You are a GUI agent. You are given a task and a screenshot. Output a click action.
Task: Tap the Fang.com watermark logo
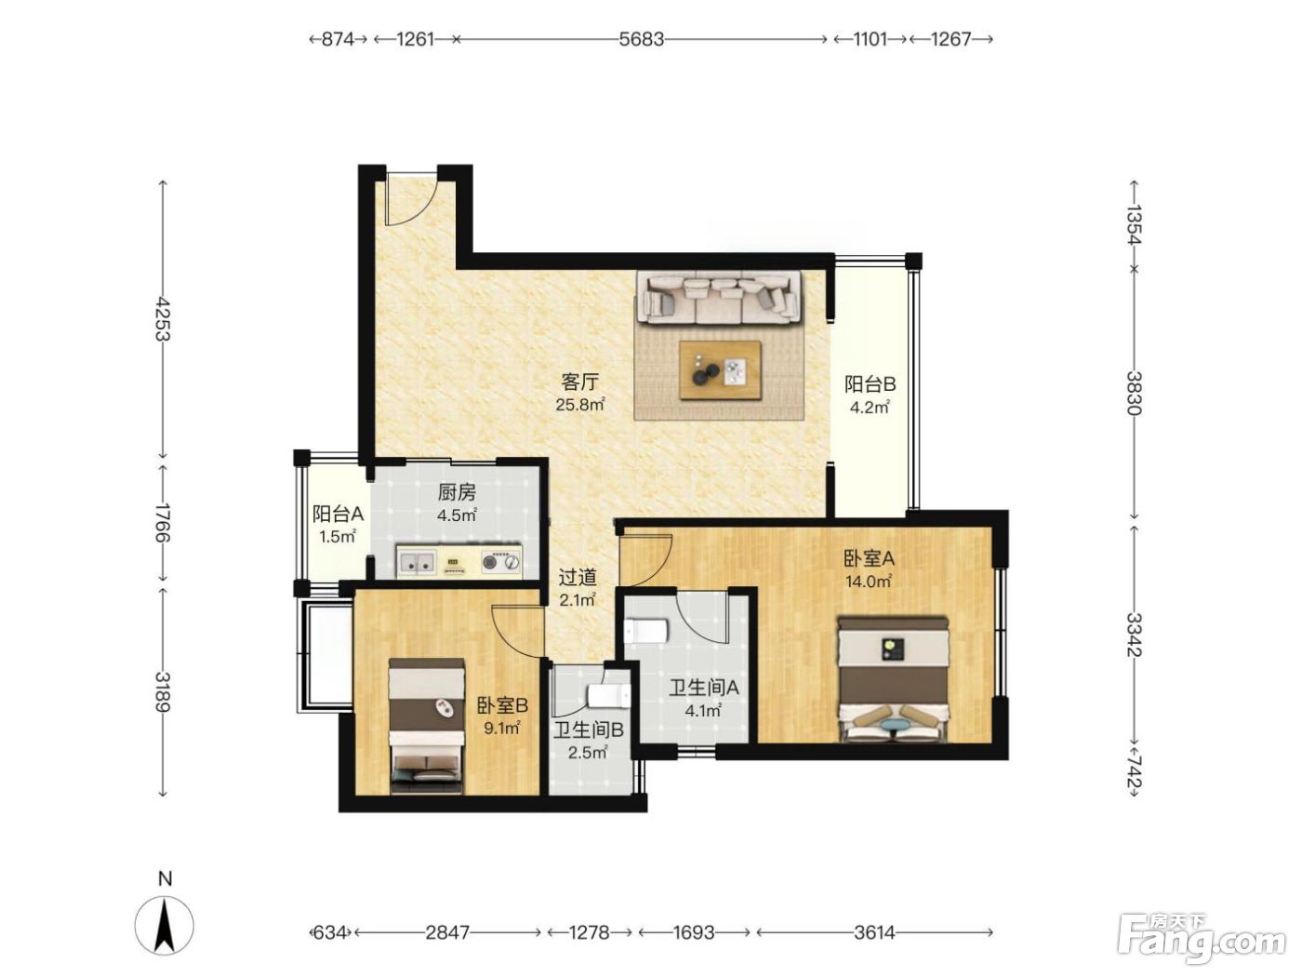(x=1202, y=939)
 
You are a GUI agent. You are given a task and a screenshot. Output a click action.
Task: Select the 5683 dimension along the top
(x=641, y=39)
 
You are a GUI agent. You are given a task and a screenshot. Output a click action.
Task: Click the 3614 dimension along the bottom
(x=874, y=933)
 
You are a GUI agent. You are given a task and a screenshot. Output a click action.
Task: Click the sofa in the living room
(x=719, y=298)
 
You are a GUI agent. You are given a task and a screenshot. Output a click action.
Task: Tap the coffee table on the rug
(x=720, y=370)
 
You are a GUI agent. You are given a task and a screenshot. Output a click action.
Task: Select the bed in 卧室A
(x=893, y=679)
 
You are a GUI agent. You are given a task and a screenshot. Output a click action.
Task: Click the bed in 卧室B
(x=426, y=726)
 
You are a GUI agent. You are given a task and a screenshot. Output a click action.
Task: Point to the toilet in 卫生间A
(x=646, y=631)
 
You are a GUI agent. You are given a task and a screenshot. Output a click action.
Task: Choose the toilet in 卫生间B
(x=608, y=696)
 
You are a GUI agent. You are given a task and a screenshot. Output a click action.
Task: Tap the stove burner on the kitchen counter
(x=501, y=561)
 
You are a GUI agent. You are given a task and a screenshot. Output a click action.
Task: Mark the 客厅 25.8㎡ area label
(x=579, y=393)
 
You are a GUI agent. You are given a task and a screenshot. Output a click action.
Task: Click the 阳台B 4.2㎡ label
(x=870, y=395)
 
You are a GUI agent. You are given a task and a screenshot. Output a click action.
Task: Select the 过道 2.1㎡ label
(x=578, y=587)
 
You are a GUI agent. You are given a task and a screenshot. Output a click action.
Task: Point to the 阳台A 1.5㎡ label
(x=338, y=525)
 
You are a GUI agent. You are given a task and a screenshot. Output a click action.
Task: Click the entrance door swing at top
(x=412, y=199)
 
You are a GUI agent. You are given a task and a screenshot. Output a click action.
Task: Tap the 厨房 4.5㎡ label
(x=457, y=503)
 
